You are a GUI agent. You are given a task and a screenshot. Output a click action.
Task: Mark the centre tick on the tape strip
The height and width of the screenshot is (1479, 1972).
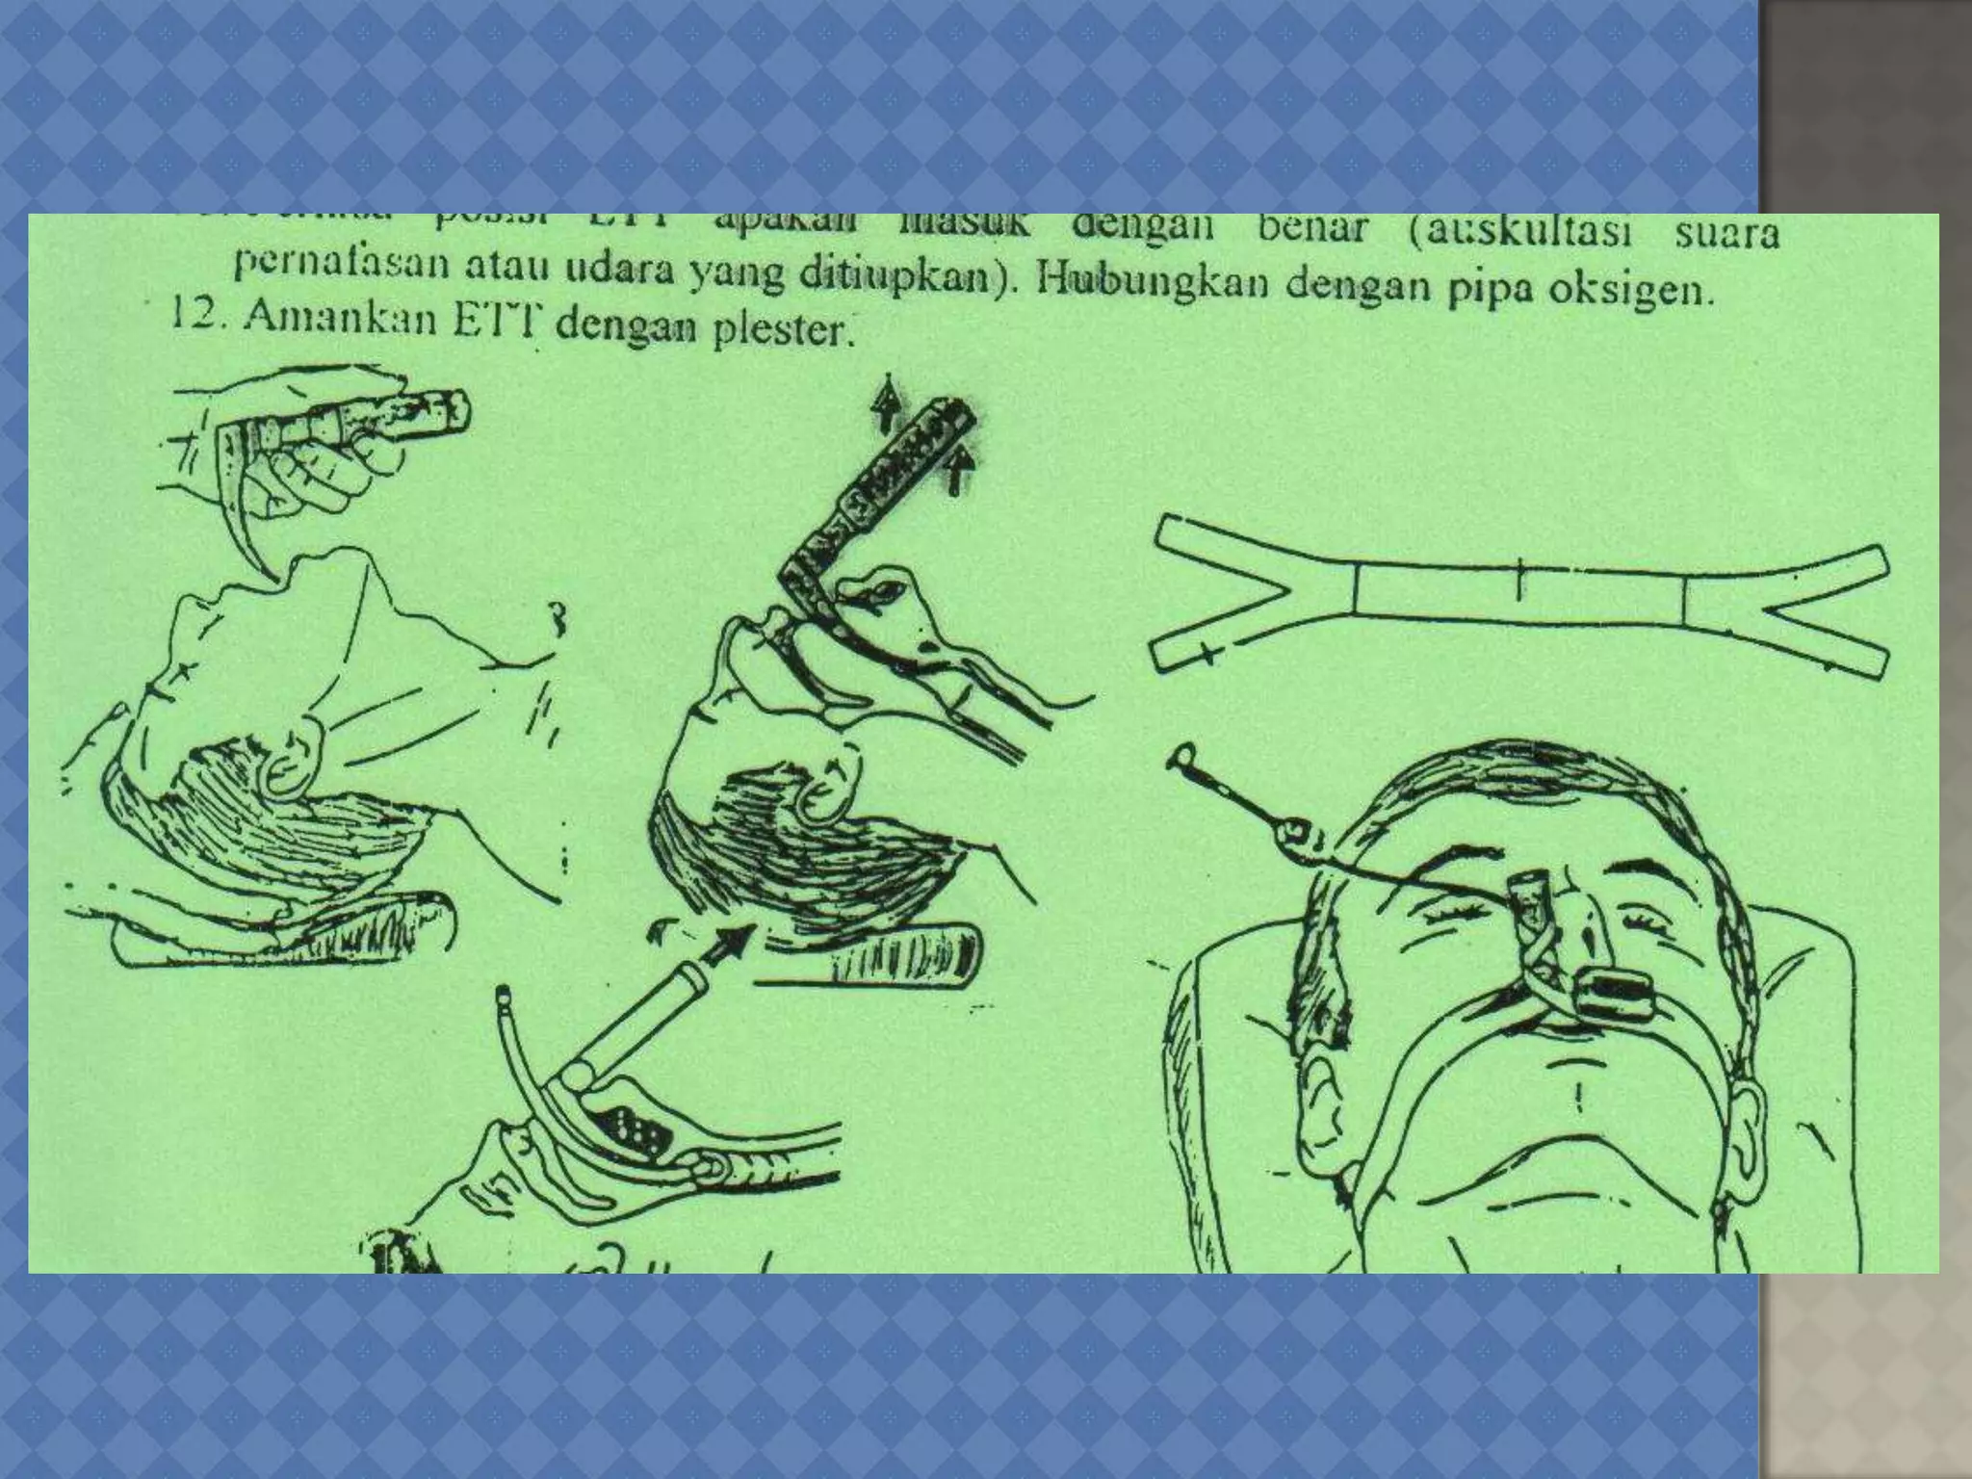click(x=1519, y=577)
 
